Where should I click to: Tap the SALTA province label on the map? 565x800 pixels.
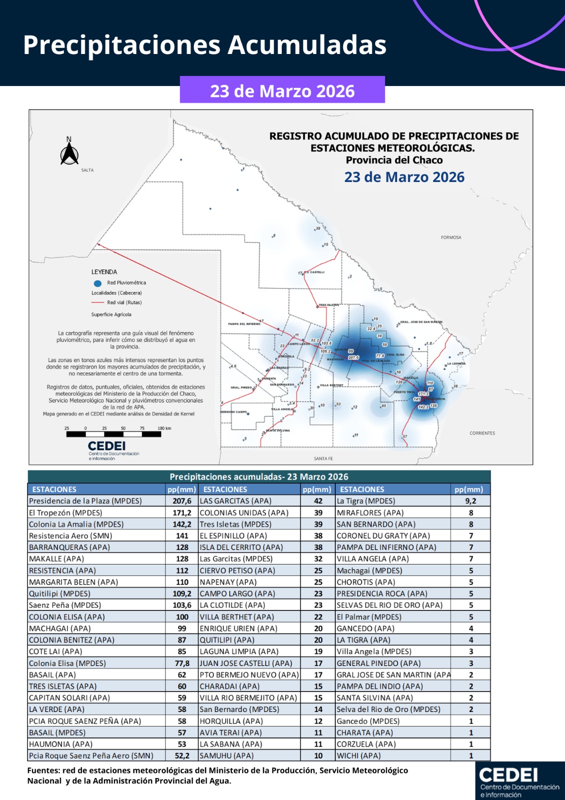pyautogui.click(x=87, y=170)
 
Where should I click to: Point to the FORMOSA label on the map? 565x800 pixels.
pyautogui.click(x=451, y=237)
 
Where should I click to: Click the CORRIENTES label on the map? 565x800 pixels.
pyautogui.click(x=482, y=433)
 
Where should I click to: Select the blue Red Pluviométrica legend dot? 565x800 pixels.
pyautogui.click(x=97, y=283)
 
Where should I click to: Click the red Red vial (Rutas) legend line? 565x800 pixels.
pyautogui.click(x=97, y=302)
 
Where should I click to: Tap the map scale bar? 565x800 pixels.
pyautogui.click(x=114, y=434)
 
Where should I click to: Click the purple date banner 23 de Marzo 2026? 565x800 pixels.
pyautogui.click(x=282, y=90)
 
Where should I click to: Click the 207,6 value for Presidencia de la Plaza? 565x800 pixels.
pyautogui.click(x=182, y=501)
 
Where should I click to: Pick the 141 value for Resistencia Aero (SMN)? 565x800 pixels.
pyautogui.click(x=182, y=535)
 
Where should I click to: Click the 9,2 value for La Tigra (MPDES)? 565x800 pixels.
pyautogui.click(x=470, y=501)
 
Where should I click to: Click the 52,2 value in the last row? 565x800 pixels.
pyautogui.click(x=182, y=755)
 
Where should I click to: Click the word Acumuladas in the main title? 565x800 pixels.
pyautogui.click(x=307, y=45)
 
